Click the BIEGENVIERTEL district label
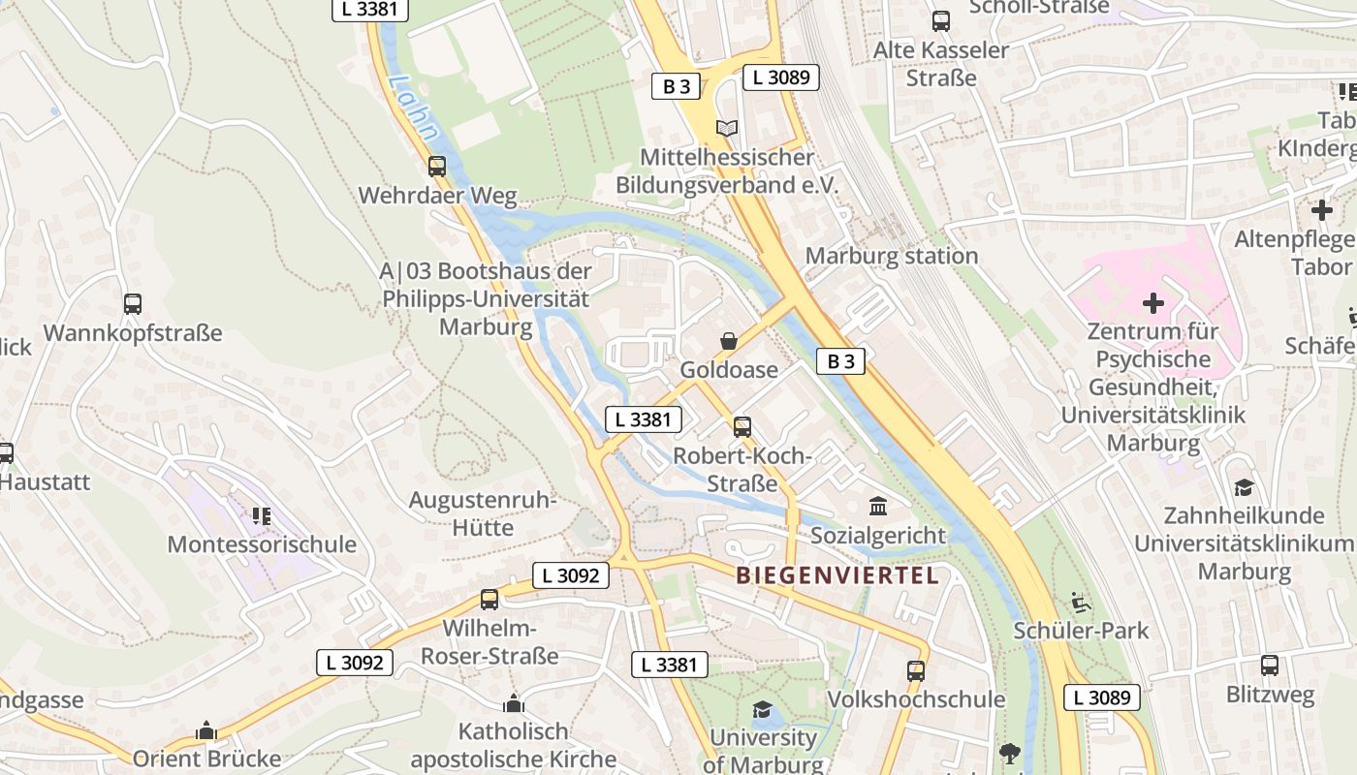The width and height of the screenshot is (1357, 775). click(837, 575)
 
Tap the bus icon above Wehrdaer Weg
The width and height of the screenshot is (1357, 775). click(437, 167)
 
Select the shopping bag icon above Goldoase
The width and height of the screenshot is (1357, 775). click(728, 341)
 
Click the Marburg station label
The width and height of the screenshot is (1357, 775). click(892, 256)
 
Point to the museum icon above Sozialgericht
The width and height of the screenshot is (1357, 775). click(878, 506)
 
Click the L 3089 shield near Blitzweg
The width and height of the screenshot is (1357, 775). click(1101, 697)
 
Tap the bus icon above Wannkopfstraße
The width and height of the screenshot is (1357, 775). click(133, 304)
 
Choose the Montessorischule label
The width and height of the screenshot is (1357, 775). click(262, 544)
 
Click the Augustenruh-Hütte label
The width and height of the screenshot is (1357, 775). click(483, 514)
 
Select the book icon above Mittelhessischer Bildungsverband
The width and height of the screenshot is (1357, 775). click(727, 128)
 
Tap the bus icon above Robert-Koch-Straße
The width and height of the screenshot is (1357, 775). click(742, 426)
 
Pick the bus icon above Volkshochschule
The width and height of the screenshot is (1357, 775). click(916, 670)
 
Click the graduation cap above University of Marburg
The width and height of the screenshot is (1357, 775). click(762, 709)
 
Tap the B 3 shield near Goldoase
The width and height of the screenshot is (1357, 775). click(840, 361)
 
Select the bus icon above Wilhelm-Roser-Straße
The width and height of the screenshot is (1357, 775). click(489, 599)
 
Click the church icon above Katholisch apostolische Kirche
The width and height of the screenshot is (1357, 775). click(514, 702)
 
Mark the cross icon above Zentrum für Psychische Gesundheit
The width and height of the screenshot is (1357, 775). click(1152, 303)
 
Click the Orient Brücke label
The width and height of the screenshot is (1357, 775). click(206, 759)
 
